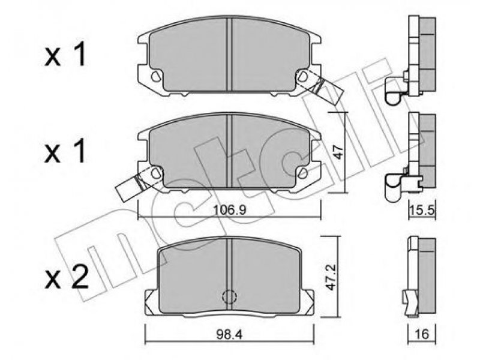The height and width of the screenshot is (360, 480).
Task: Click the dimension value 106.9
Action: (230, 210)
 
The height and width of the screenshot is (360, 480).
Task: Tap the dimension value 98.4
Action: (229, 334)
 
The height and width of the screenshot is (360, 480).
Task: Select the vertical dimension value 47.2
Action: (331, 277)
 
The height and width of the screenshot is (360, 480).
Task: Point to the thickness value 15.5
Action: (422, 211)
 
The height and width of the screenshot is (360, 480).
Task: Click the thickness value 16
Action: (422, 334)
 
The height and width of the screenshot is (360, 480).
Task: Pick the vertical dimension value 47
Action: (338, 152)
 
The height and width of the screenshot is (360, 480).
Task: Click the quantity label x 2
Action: (67, 277)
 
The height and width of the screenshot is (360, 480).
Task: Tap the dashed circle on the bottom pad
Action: (230, 296)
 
